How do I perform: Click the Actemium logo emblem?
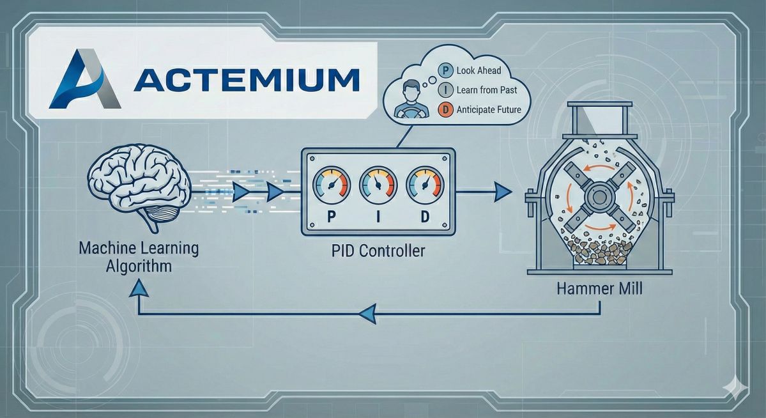(85, 79)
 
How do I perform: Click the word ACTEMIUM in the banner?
(247, 80)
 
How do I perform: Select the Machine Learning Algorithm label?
(139, 256)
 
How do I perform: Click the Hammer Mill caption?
(599, 288)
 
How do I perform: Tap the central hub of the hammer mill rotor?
(599, 194)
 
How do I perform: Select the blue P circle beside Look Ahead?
(445, 70)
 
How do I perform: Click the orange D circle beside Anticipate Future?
(445, 110)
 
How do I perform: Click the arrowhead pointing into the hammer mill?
(504, 190)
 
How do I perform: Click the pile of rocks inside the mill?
(599, 250)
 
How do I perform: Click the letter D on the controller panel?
(425, 217)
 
